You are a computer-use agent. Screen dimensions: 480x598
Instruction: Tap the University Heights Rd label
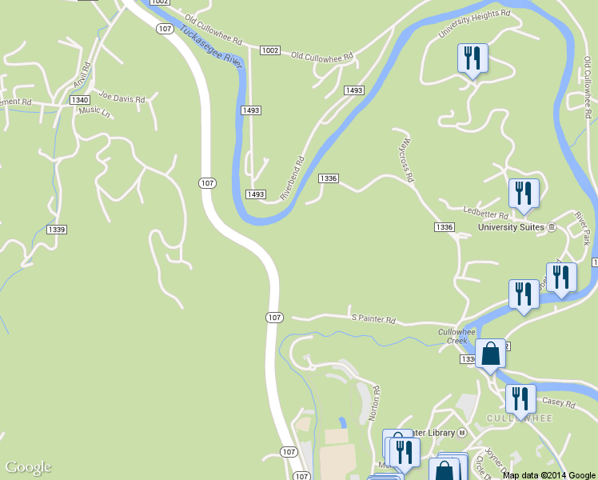[x=474, y=24]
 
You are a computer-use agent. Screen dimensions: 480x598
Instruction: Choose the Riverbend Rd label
[x=293, y=178]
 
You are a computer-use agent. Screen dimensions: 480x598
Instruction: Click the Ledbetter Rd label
[x=486, y=214]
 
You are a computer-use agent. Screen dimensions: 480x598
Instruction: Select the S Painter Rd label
[x=373, y=318]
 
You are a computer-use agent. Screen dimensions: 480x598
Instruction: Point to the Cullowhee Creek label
[x=452, y=336]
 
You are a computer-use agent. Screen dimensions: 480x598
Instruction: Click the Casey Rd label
[x=558, y=404]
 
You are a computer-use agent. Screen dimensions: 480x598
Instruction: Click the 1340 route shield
[x=79, y=99]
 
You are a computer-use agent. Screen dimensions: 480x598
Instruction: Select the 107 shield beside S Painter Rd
[x=274, y=318]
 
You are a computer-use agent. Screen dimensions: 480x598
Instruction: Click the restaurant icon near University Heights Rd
[x=472, y=58]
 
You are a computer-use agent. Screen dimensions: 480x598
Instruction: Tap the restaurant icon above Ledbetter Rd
[x=524, y=194]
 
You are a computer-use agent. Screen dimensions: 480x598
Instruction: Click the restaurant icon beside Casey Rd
[x=520, y=398]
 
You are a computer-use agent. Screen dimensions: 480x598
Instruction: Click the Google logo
[x=28, y=467]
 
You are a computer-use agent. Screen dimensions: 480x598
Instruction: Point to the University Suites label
[x=511, y=227]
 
